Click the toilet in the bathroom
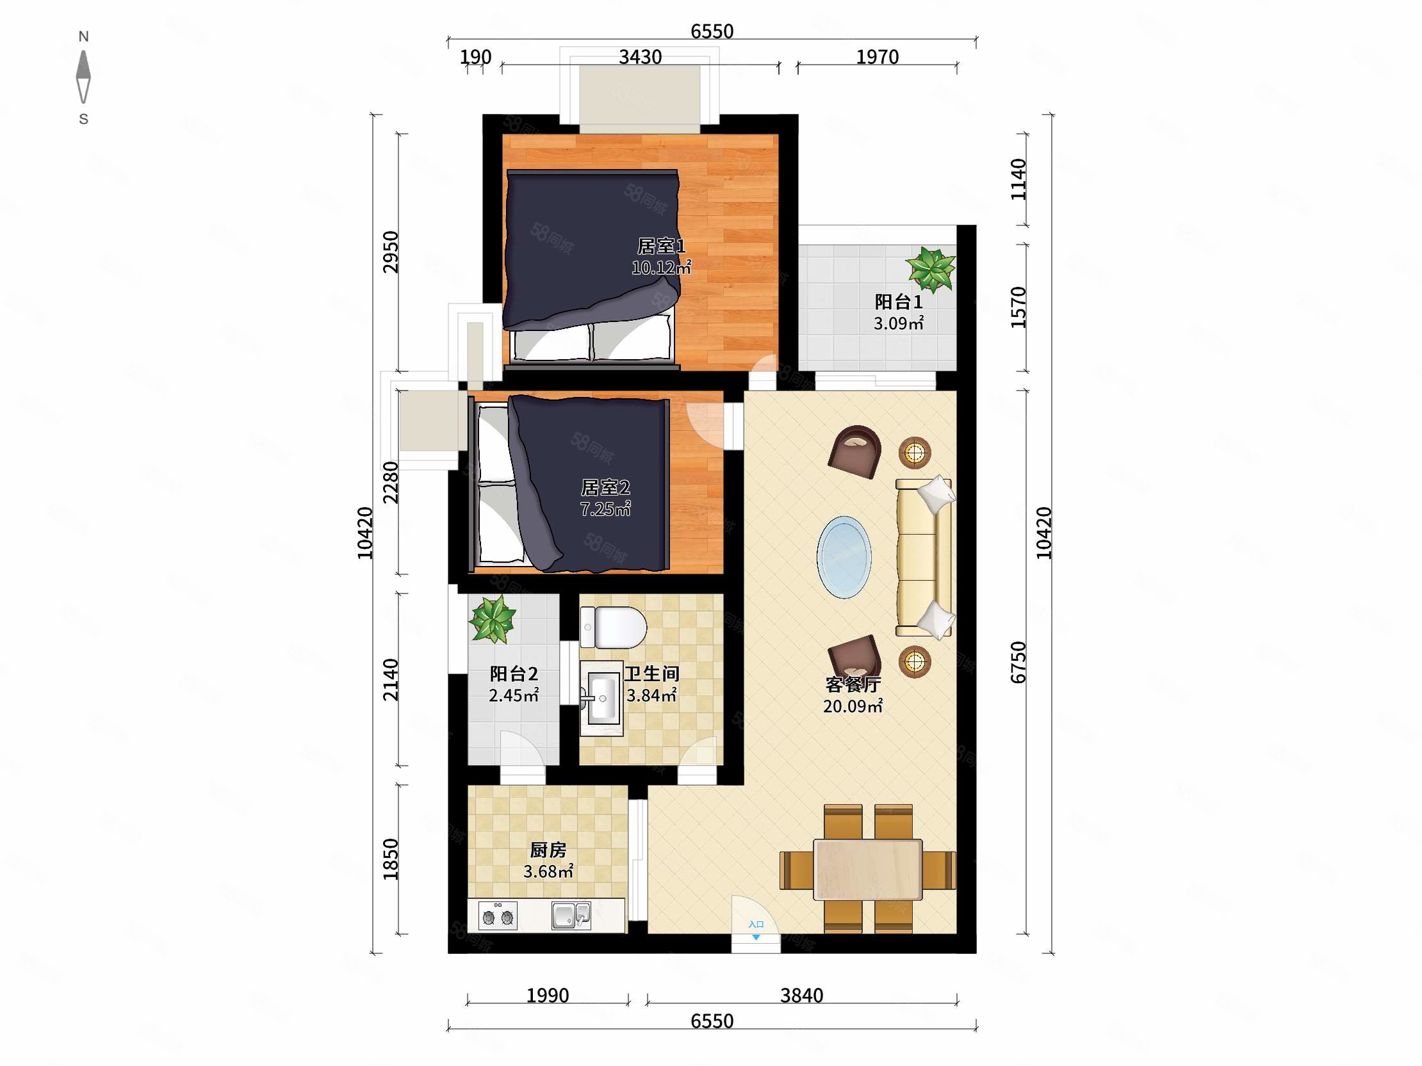pyautogui.click(x=613, y=627)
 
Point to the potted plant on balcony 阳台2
pyautogui.click(x=493, y=618)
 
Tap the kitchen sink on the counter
pyautogui.click(x=571, y=916)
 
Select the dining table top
pyautogui.click(x=868, y=869)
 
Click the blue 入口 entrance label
pyautogui.click(x=756, y=924)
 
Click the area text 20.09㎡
pyautogui.click(x=853, y=706)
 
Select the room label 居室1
pyautogui.click(x=662, y=246)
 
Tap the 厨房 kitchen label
pyautogui.click(x=548, y=850)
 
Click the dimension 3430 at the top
pyautogui.click(x=641, y=57)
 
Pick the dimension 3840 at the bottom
pyautogui.click(x=802, y=996)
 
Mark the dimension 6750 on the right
pyautogui.click(x=1018, y=662)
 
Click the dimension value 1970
pyautogui.click(x=878, y=57)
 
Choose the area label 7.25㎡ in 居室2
pyautogui.click(x=605, y=509)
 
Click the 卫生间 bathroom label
pyautogui.click(x=652, y=674)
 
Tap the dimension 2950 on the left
pyautogui.click(x=391, y=252)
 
